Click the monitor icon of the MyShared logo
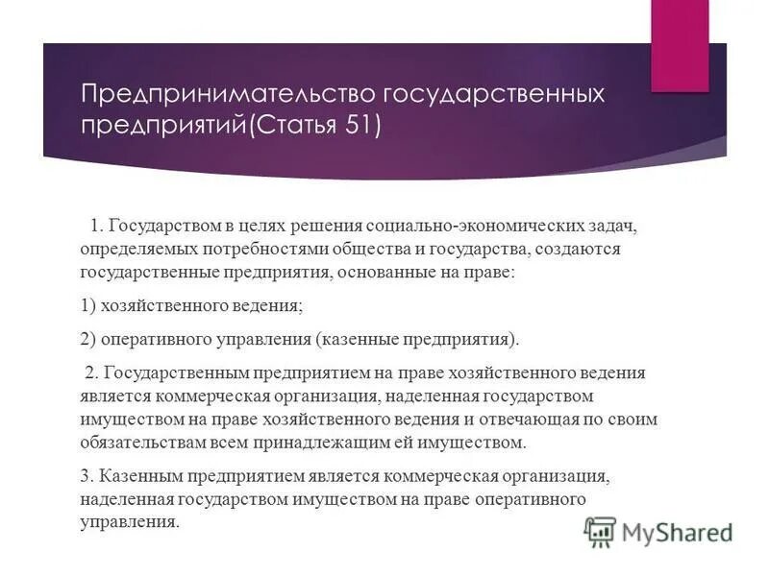click(601, 530)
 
